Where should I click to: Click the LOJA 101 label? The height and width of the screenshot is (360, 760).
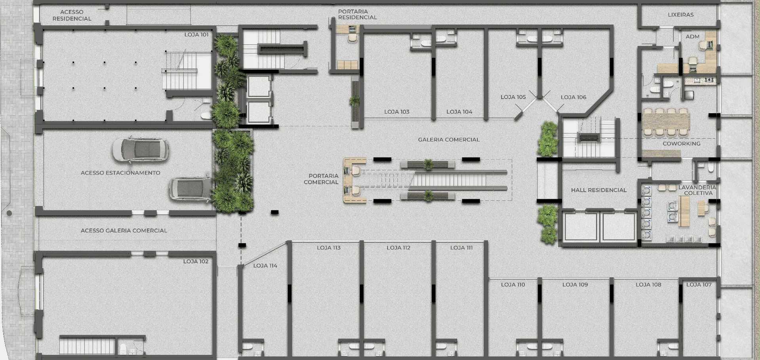pyautogui.click(x=196, y=35)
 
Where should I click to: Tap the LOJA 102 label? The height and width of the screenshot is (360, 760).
pyautogui.click(x=196, y=261)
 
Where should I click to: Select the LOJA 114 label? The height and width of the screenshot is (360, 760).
pyautogui.click(x=265, y=266)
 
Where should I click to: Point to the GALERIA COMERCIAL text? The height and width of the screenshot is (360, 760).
pyautogui.click(x=449, y=140)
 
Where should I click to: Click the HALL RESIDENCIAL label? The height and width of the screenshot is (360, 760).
pyautogui.click(x=599, y=190)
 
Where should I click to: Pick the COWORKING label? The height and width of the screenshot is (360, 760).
pyautogui.click(x=682, y=144)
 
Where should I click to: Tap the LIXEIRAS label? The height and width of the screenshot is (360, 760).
pyautogui.click(x=681, y=15)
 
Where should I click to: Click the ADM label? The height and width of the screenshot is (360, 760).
pyautogui.click(x=693, y=36)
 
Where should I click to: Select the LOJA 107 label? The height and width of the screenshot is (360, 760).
pyautogui.click(x=699, y=285)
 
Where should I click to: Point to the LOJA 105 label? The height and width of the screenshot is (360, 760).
pyautogui.click(x=513, y=97)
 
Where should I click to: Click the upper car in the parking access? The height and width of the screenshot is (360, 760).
pyautogui.click(x=141, y=150)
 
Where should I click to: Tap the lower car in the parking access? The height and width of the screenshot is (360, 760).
pyautogui.click(x=191, y=189)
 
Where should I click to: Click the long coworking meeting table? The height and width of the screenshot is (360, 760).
pyautogui.click(x=666, y=122)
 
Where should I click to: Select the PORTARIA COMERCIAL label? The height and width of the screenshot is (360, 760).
pyautogui.click(x=321, y=179)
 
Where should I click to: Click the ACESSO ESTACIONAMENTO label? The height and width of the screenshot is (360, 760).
pyautogui.click(x=120, y=173)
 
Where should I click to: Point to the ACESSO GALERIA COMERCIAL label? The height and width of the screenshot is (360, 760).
pyautogui.click(x=124, y=230)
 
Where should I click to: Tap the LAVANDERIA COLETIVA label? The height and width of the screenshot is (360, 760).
pyautogui.click(x=697, y=190)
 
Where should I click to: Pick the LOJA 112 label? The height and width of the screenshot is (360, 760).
pyautogui.click(x=399, y=248)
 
